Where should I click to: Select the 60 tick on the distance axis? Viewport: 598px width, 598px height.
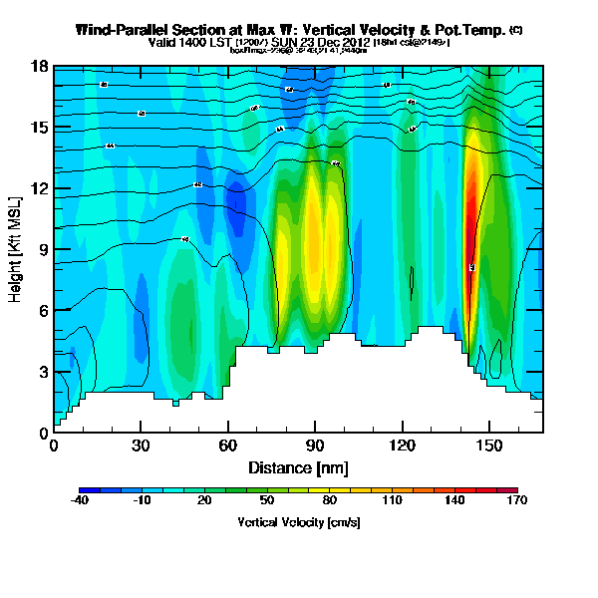coord(228,446)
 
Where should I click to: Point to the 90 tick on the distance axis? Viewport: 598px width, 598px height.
coord(315,446)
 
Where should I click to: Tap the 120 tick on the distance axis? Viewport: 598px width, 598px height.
coord(403,446)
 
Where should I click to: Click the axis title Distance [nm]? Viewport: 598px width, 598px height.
coord(298,467)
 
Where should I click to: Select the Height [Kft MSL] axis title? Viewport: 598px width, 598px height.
coord(17,249)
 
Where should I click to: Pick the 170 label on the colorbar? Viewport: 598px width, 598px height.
coord(517,500)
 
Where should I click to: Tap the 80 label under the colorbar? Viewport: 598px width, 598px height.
coord(330,500)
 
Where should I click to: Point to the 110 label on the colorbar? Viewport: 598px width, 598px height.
coord(392,500)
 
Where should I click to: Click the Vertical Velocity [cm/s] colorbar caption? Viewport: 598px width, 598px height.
coord(298,522)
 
